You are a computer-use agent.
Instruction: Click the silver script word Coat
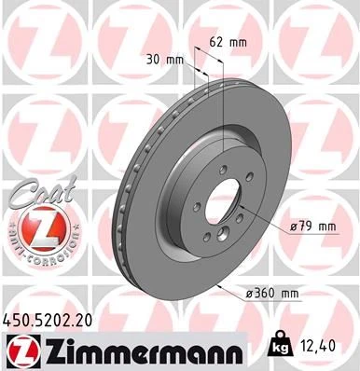[35, 194]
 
